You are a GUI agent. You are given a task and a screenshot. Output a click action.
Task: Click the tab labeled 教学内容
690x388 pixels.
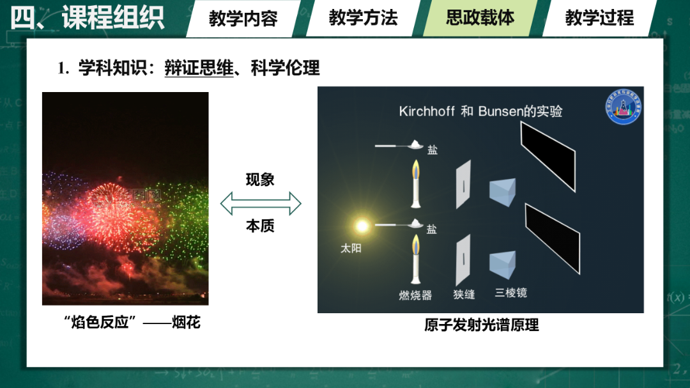243,19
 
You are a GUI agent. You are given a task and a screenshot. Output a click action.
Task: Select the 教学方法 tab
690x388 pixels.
363,19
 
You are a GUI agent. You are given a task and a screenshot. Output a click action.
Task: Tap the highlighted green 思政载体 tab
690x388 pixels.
480,19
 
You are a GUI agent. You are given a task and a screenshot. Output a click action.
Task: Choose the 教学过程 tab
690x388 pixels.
599,19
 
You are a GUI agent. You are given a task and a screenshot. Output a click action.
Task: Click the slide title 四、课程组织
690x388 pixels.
87,18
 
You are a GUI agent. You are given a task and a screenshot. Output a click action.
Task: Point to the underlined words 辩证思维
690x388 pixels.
199,68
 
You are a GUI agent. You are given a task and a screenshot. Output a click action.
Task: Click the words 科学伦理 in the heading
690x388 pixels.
285,68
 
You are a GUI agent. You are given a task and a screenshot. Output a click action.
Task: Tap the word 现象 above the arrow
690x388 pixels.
260,180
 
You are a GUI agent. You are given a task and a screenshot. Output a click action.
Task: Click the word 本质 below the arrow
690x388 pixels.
260,226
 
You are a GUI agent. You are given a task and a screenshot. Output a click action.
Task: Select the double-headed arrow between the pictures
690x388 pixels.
261,203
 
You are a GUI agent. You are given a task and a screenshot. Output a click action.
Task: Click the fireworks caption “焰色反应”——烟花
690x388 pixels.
132,322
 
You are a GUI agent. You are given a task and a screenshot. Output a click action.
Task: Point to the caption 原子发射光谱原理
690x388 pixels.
482,325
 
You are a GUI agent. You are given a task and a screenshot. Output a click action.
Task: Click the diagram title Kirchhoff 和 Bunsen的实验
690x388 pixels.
480,111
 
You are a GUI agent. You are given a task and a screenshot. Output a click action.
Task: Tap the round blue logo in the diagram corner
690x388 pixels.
623,107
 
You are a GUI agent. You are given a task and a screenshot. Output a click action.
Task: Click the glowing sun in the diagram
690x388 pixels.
362,226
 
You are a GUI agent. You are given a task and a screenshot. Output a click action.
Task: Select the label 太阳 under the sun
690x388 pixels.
351,249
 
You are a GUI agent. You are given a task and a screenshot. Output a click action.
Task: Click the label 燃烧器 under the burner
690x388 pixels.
415,295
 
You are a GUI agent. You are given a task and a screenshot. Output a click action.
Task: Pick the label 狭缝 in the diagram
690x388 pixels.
464,294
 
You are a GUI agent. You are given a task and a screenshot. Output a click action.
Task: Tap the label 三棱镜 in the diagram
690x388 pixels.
511,293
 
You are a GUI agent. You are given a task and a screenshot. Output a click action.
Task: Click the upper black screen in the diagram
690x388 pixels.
548,157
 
